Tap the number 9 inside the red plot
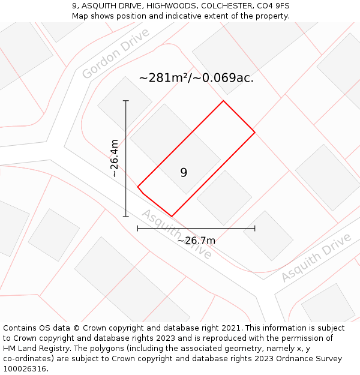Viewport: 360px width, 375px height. click(x=184, y=173)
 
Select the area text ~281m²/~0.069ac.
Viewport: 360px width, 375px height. click(x=196, y=78)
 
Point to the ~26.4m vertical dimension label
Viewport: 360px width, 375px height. click(x=114, y=158)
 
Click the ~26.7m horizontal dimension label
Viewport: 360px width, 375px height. click(x=196, y=241)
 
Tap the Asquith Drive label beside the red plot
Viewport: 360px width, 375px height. click(x=176, y=234)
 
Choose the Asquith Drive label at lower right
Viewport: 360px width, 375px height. click(x=316, y=258)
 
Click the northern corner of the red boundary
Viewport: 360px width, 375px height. click(x=224, y=101)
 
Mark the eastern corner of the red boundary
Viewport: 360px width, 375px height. click(x=255, y=132)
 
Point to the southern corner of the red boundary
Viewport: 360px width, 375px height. click(x=172, y=216)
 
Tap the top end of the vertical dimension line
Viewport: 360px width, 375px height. click(x=126, y=101)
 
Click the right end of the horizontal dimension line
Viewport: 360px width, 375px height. click(x=255, y=228)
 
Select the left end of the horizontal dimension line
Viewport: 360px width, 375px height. click(x=138, y=228)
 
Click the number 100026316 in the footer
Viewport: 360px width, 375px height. click(x=24, y=369)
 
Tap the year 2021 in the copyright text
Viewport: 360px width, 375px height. click(x=231, y=328)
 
